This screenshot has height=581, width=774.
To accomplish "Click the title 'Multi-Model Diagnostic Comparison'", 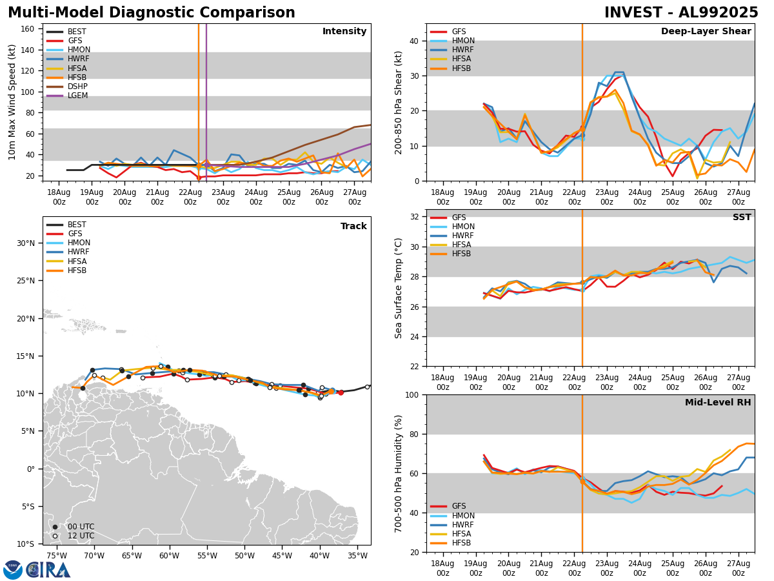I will click(x=152, y=13).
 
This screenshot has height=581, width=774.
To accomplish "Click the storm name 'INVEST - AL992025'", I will click(x=681, y=13).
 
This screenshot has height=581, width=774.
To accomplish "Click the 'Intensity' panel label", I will click(x=344, y=32).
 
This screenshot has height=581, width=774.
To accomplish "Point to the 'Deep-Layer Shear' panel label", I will click(x=706, y=32).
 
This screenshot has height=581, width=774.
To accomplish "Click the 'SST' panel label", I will click(x=742, y=218).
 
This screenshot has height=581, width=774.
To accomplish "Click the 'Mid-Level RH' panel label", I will click(x=718, y=403).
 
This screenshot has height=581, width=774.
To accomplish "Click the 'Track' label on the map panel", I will click(x=353, y=227).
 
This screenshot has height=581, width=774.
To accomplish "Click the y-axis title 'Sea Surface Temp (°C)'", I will click(x=399, y=288).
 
